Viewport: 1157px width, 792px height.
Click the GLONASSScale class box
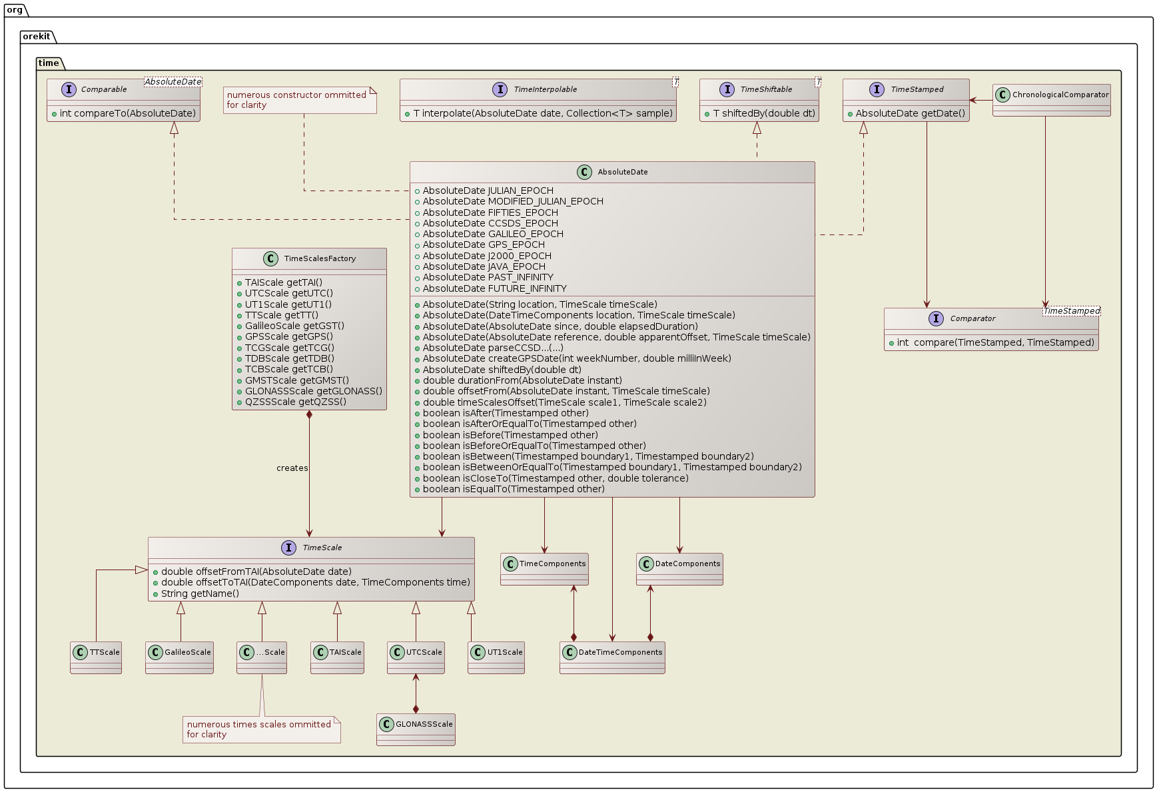pyautogui.click(x=416, y=729)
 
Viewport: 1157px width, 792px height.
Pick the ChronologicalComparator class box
pyautogui.click(x=1051, y=100)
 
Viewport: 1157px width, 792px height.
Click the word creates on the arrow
pyautogui.click(x=292, y=468)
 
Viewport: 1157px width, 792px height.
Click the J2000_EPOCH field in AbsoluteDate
pyautogui.click(x=486, y=256)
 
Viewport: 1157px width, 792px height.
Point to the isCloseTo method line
pyautogui.click(x=555, y=478)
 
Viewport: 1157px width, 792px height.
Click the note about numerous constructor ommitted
pyautogui.click(x=300, y=100)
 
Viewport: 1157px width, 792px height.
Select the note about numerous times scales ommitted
pyautogui.click(x=261, y=729)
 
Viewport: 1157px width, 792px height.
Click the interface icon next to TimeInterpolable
pyautogui.click(x=500, y=89)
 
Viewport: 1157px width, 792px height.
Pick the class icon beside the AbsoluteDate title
pyautogui.click(x=584, y=172)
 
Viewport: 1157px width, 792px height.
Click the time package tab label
pyautogui.click(x=49, y=63)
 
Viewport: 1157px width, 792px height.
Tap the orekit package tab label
pyautogui.click(x=37, y=37)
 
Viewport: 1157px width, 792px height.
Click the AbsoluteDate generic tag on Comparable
pyautogui.click(x=173, y=82)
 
